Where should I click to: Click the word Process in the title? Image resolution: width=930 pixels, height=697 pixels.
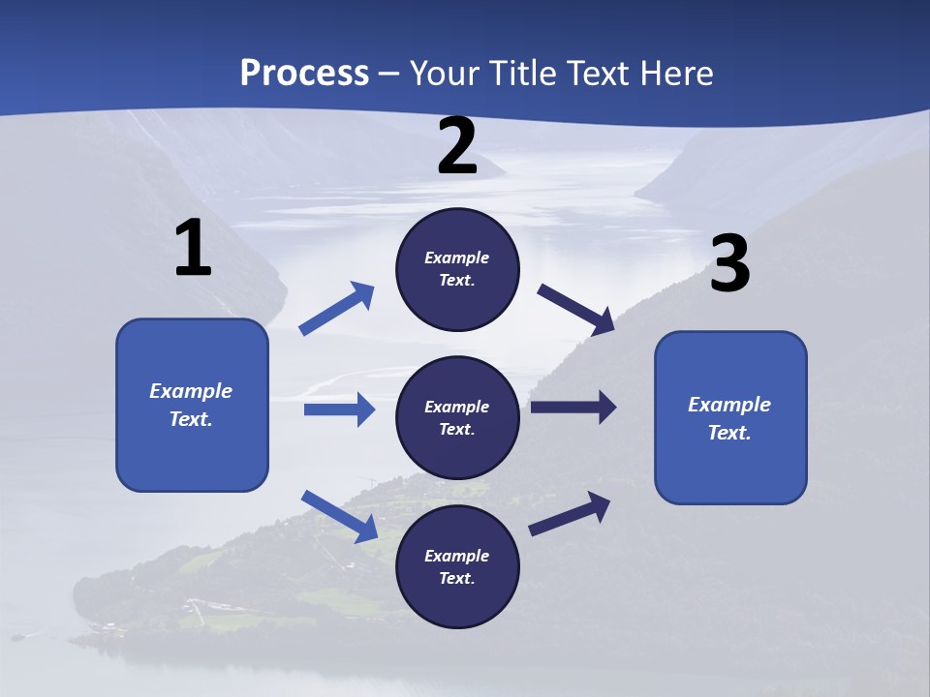[x=304, y=74]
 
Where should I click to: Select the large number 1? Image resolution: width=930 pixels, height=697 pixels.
[x=193, y=249]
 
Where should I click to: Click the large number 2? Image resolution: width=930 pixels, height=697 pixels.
[x=457, y=146]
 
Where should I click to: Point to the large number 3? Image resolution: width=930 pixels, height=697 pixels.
[x=729, y=264]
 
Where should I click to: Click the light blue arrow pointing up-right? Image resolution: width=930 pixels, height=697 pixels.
[x=337, y=308]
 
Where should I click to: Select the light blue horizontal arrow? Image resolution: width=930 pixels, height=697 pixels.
[x=339, y=409]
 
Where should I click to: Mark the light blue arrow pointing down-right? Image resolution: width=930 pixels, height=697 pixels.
[x=339, y=515]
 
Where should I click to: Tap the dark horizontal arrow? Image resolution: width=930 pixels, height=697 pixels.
[x=573, y=407]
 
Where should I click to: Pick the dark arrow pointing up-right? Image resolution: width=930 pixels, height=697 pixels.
[x=570, y=513]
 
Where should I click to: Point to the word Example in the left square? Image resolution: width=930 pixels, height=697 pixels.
[x=191, y=391]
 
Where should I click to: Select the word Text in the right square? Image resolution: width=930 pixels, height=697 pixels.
[x=728, y=433]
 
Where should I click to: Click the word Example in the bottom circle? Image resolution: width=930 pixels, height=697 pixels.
[x=456, y=556]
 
